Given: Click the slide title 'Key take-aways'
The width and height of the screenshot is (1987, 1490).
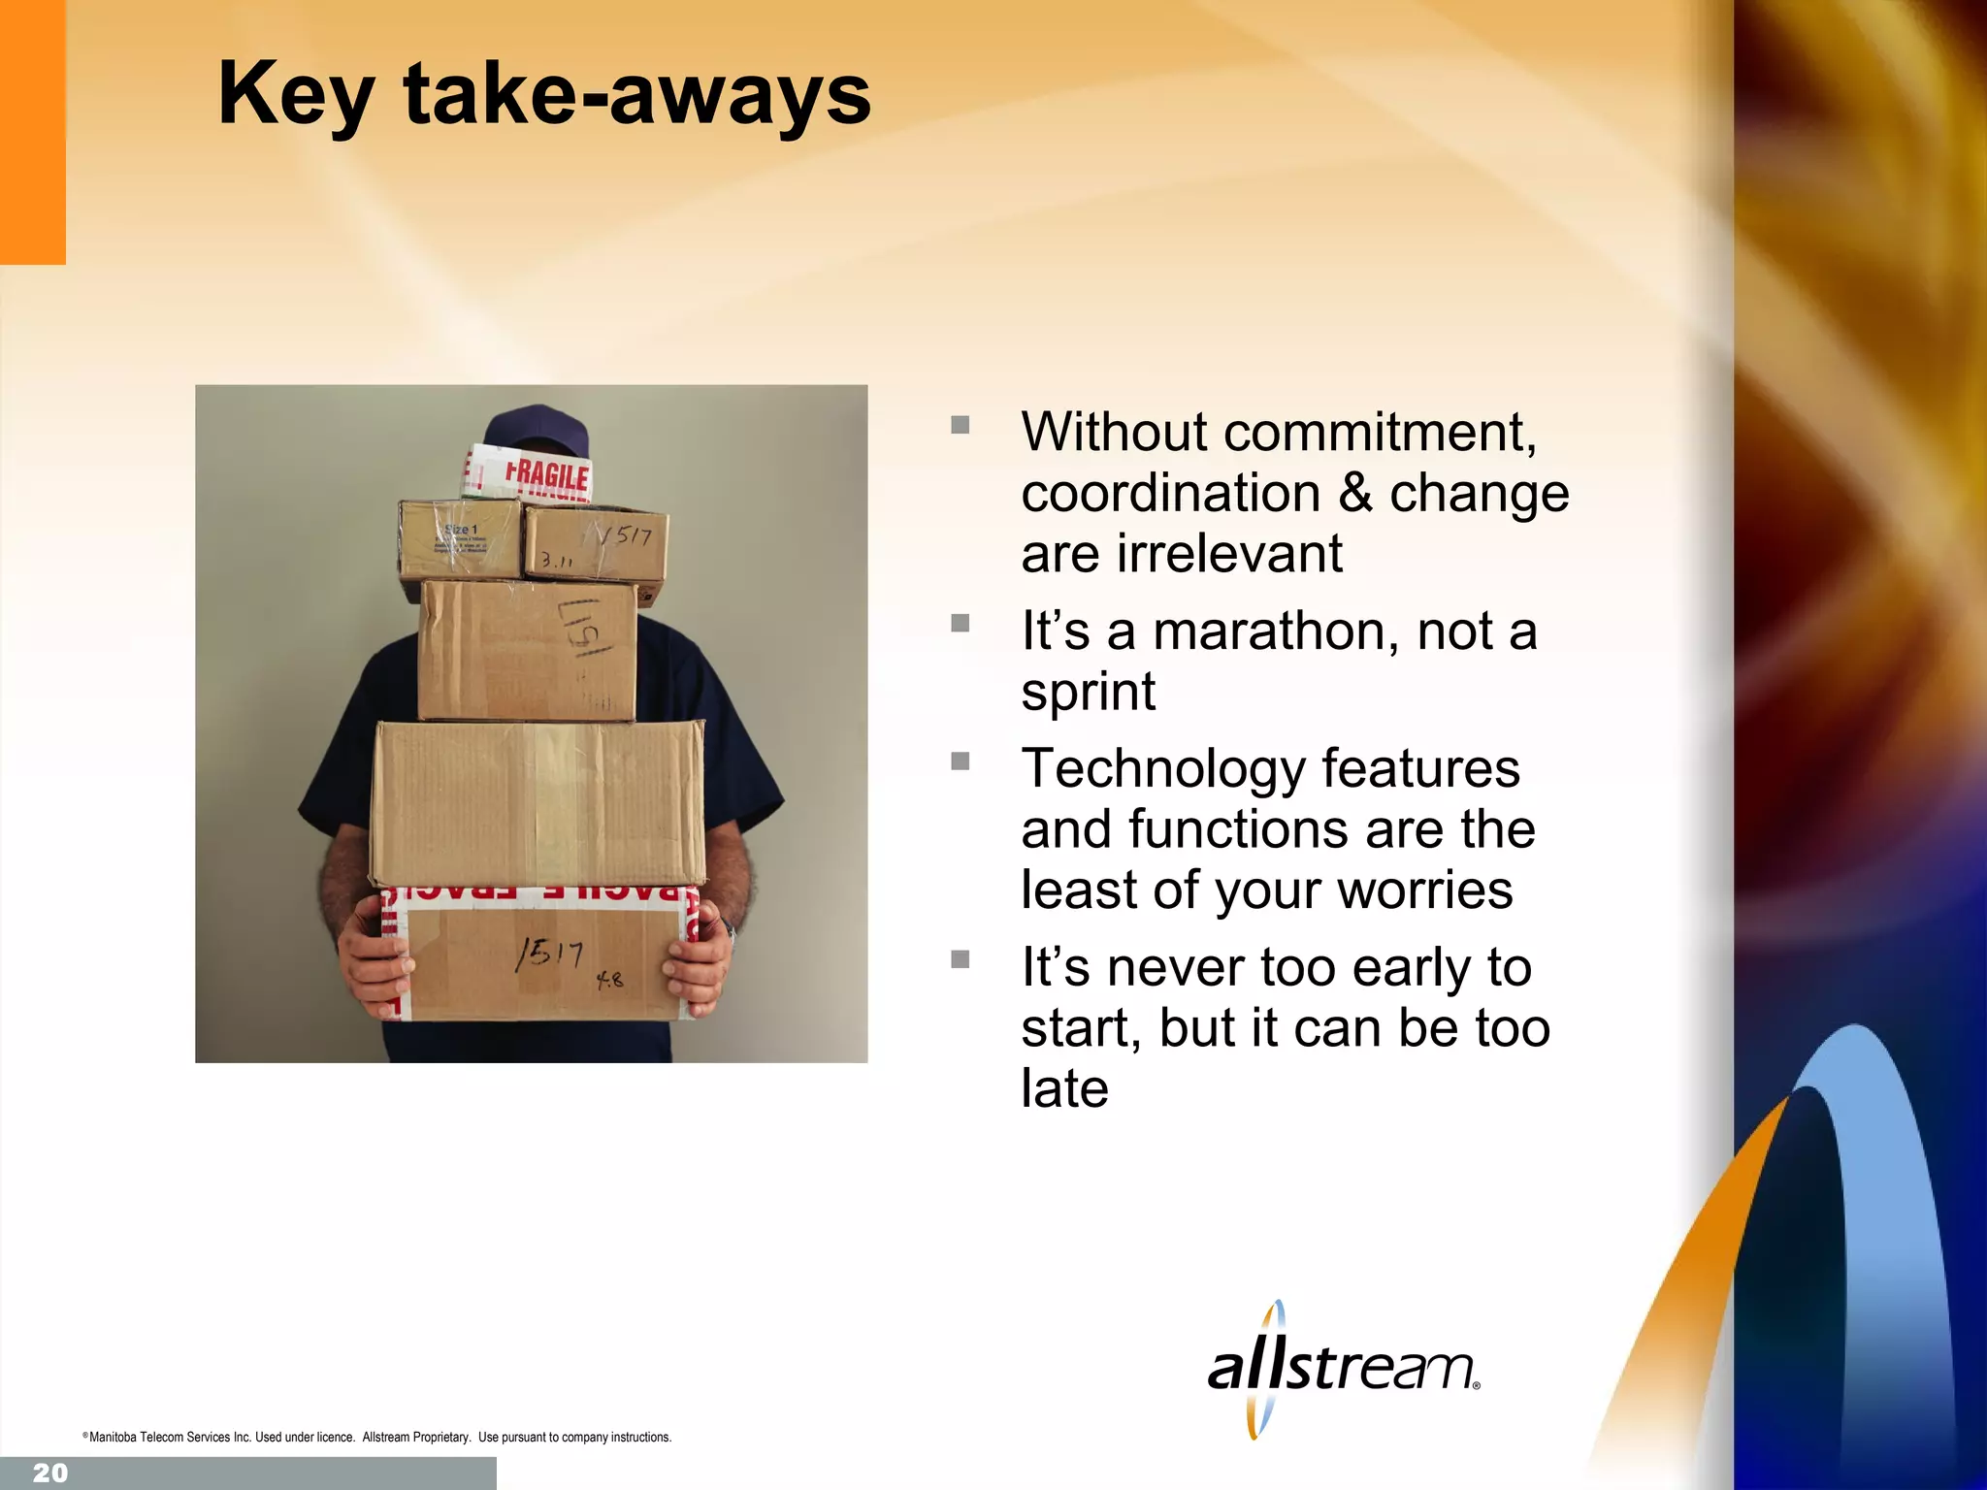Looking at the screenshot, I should click(544, 94).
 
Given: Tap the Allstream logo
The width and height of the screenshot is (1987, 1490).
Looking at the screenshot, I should click(1343, 1369).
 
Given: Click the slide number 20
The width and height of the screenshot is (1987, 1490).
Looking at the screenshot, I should click(50, 1473).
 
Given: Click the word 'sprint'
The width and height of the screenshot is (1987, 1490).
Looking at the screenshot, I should click(1088, 693).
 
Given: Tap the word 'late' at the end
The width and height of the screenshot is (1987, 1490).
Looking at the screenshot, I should click(1064, 1088).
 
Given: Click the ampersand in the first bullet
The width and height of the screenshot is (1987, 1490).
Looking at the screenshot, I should click(1354, 493).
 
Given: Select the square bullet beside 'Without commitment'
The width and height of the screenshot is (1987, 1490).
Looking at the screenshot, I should click(961, 425).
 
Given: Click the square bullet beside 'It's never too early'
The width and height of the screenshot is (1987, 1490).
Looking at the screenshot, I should click(961, 960).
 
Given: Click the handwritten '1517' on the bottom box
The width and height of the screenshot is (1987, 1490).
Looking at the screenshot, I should click(549, 955).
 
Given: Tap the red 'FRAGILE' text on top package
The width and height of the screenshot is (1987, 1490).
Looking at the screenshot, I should click(546, 475).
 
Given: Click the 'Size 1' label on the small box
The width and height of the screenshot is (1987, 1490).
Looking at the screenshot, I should click(461, 530).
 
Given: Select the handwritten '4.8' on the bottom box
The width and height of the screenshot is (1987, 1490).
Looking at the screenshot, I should click(609, 980).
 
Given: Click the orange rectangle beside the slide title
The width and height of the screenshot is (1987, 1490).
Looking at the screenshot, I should click(32, 132).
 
